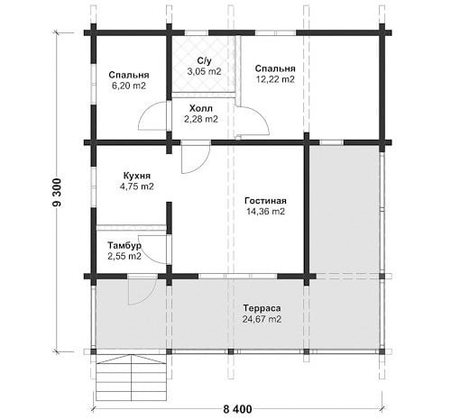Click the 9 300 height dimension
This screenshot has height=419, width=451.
click(57, 193)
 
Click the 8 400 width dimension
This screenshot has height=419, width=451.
click(237, 409)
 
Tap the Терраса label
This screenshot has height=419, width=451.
click(262, 308)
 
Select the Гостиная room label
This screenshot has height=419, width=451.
click(265, 201)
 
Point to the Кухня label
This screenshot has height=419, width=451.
click(137, 176)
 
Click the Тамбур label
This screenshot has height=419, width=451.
click(124, 246)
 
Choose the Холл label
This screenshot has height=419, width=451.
click(201, 108)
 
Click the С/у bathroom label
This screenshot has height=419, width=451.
click(204, 60)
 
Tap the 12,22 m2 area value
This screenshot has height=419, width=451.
click(275, 79)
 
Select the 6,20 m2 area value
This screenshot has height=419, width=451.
click(129, 86)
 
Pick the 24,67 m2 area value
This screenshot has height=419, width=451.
click(262, 319)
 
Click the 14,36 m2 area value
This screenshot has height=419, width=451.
click(265, 212)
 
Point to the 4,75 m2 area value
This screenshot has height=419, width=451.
click(137, 187)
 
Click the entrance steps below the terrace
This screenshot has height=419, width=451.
click(132, 378)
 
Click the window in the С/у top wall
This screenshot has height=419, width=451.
click(197, 32)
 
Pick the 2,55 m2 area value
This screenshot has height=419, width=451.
click(124, 257)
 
